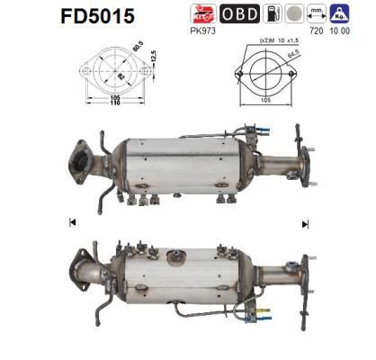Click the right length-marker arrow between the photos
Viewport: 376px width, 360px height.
pos(305,223)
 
